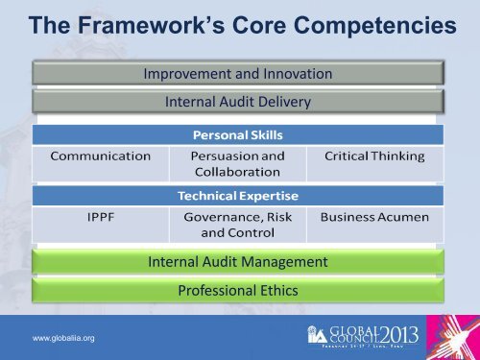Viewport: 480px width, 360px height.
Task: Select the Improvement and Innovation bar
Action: (x=238, y=73)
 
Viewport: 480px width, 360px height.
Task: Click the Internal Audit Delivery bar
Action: (x=238, y=100)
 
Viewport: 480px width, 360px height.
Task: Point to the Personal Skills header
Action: (x=238, y=135)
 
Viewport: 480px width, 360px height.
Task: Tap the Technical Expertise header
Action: (x=238, y=194)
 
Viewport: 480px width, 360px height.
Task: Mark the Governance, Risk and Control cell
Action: (x=237, y=224)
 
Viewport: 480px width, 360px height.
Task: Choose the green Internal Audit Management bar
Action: (x=238, y=261)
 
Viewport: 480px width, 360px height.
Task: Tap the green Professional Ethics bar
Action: (x=238, y=290)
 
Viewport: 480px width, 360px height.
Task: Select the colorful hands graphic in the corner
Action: (x=460, y=336)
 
